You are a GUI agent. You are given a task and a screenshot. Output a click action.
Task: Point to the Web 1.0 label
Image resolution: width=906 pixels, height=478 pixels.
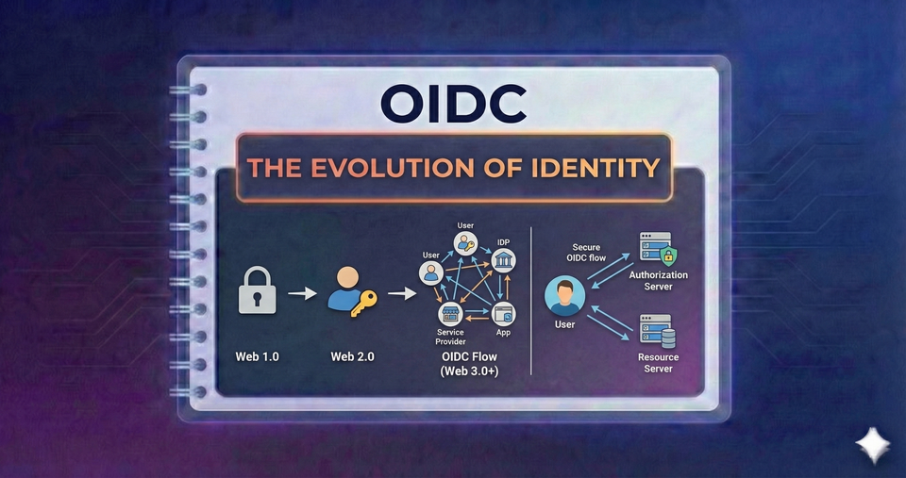click(x=258, y=356)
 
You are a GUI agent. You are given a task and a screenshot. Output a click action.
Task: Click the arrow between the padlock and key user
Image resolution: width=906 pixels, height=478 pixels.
click(x=302, y=294)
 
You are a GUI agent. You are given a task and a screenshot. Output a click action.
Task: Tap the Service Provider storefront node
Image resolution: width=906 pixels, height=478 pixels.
click(x=449, y=314)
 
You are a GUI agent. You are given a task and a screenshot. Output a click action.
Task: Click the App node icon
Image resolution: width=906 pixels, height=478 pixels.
click(x=503, y=313)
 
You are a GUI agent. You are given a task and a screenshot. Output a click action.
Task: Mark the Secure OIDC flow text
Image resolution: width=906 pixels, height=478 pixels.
click(x=585, y=253)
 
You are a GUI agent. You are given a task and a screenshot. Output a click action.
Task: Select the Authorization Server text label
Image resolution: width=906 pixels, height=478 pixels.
click(x=658, y=280)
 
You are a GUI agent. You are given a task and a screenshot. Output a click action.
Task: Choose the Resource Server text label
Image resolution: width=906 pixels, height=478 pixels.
click(x=658, y=363)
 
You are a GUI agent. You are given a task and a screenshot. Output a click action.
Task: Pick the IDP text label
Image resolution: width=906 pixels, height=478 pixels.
click(x=504, y=242)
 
